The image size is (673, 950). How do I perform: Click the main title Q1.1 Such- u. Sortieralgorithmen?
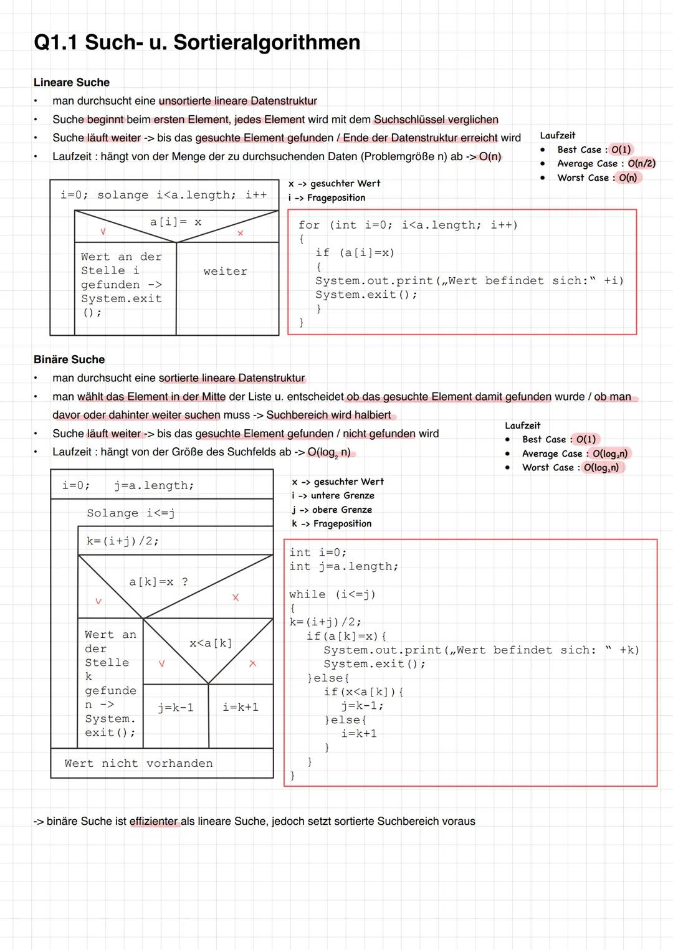pos(197,42)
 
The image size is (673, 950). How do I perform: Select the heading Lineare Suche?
pos(72,82)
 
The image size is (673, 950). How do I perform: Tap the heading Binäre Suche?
pos(69,359)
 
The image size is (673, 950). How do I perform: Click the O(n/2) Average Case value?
pos(641,163)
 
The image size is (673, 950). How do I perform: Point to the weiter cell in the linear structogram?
pos(225,272)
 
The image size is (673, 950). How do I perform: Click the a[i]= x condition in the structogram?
pos(176,222)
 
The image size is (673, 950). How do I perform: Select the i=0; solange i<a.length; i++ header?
pos(164,195)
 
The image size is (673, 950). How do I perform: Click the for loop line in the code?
pos(408,225)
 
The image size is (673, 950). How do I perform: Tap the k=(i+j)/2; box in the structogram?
pos(123,541)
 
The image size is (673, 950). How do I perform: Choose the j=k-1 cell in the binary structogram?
pos(176,708)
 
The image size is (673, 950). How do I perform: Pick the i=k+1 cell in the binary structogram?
pos(241,707)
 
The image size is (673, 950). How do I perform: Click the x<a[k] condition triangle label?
pos(211,643)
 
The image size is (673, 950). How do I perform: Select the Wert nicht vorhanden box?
pos(138,763)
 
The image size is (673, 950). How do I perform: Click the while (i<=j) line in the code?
pos(332,594)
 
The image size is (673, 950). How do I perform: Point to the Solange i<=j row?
pos(131,513)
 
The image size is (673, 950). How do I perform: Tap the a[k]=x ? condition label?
pos(158,582)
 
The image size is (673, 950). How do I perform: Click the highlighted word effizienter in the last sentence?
pos(153,821)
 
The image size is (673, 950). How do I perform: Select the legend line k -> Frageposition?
pos(332,524)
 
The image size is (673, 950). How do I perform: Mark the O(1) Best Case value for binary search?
pos(586,439)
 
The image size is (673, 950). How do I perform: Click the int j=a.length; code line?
pos(343,566)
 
